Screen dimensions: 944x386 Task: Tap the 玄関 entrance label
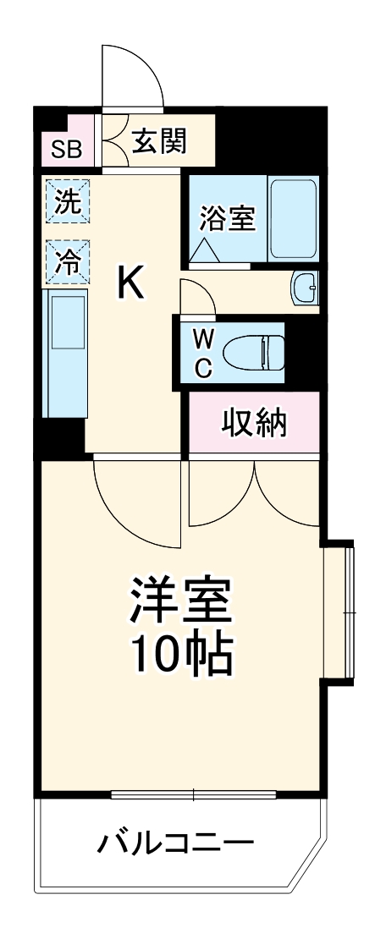[x=158, y=141]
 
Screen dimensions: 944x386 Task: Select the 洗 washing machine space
[x=67, y=201]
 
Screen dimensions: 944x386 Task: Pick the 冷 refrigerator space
[x=67, y=261]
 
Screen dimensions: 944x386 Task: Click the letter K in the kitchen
[x=131, y=283]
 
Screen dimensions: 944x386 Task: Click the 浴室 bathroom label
[x=227, y=218]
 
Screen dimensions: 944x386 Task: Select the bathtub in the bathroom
[x=293, y=218]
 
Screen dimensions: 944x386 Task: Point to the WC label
[x=203, y=352]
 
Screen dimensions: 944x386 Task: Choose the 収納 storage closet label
[x=253, y=421]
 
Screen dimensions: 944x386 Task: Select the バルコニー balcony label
[x=175, y=842]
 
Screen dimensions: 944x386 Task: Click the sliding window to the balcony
[x=195, y=794]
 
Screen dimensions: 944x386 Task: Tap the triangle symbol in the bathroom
[x=204, y=249]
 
